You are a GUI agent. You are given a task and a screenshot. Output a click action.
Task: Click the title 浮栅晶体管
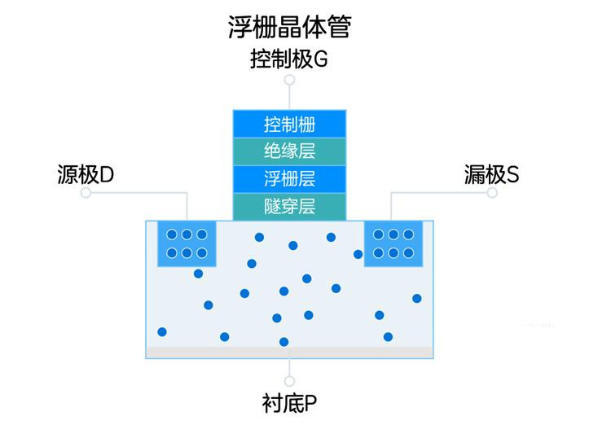(289, 27)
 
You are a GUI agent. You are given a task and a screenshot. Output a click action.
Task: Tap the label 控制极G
(288, 59)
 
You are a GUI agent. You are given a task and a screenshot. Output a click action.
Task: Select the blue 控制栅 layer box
(289, 124)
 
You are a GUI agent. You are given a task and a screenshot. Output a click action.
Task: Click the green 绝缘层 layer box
(289, 151)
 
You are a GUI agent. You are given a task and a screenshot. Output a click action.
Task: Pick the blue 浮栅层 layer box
(289, 179)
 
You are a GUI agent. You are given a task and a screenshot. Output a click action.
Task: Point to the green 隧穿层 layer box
(289, 207)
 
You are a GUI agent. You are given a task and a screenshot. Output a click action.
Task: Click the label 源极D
(86, 174)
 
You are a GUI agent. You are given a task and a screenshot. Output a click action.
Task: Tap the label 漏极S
(491, 174)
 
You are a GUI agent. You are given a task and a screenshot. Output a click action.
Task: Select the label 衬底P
(289, 403)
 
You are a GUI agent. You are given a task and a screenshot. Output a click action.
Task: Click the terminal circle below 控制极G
(289, 80)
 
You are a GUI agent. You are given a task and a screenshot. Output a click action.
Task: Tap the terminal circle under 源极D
(86, 192)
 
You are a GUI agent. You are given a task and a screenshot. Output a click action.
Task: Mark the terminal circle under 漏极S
(492, 192)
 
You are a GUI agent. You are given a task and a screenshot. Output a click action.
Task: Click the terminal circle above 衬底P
(289, 380)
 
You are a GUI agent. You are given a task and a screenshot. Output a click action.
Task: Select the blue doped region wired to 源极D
(187, 244)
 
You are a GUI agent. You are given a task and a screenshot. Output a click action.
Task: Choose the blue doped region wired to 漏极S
(393, 244)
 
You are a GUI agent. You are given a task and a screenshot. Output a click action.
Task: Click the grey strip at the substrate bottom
(289, 353)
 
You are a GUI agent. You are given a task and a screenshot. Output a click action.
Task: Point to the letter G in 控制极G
(320, 59)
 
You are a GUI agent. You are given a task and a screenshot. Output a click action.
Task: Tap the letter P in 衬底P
(310, 404)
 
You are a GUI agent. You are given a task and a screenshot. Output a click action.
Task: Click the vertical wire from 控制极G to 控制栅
(289, 98)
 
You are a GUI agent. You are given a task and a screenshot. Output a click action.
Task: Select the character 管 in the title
(340, 27)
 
